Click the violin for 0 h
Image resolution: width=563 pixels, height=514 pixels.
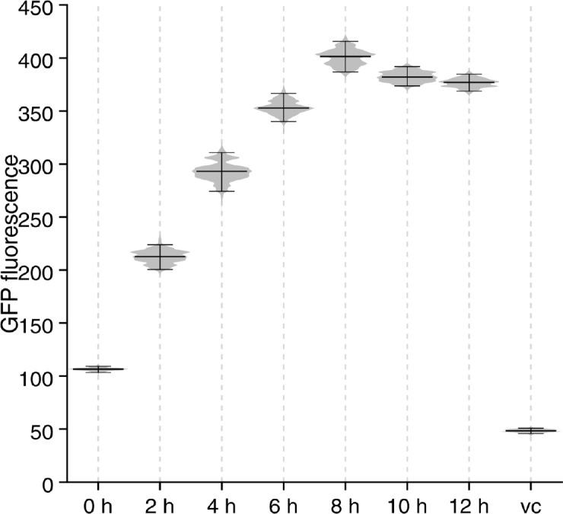point(97,369)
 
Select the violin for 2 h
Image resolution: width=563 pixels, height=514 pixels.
point(160,257)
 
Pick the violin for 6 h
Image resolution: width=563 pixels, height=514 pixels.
point(283,108)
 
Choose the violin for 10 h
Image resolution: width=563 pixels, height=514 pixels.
point(407,77)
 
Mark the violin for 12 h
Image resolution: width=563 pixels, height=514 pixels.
point(469,82)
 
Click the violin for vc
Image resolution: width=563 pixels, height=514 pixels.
point(530,431)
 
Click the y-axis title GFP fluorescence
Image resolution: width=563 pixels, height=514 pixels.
point(11,244)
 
